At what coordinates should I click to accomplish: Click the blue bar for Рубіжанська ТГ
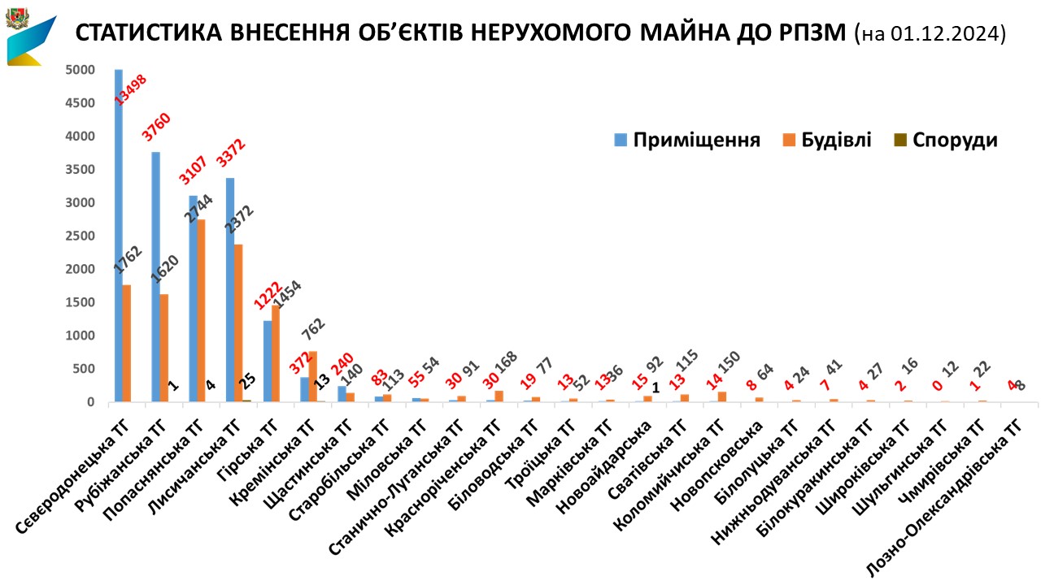(155, 276)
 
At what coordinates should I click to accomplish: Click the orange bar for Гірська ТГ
(276, 353)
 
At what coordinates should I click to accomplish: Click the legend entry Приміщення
(688, 140)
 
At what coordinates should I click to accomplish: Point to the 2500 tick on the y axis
(82, 236)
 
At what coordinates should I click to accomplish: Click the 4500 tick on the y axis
(82, 103)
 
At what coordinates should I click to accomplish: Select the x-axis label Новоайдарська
(610, 455)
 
